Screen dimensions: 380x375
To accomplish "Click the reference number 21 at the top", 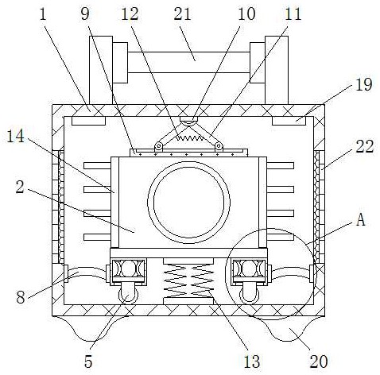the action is point(182,14).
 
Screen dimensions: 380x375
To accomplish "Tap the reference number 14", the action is point(15,137).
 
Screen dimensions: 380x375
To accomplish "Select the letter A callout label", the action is point(361,219).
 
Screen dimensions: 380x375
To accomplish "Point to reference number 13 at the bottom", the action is point(251,361).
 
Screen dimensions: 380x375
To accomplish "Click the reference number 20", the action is point(319,361).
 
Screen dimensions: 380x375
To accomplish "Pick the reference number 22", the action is point(365,146).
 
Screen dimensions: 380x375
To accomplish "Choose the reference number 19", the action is point(364,85).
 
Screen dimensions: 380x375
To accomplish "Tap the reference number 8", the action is point(21,297).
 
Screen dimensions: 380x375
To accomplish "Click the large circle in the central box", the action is point(188,203).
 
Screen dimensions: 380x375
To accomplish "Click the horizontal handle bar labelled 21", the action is point(188,62).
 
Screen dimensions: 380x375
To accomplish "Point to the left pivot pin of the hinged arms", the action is point(159,146).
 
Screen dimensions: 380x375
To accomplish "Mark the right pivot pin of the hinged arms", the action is point(219,146).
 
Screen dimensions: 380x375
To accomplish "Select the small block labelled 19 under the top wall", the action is point(289,121).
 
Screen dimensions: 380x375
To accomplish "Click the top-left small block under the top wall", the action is point(89,121).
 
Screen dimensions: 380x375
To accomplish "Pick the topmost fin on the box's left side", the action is point(97,166).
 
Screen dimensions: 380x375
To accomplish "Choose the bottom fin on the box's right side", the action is point(280,237).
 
